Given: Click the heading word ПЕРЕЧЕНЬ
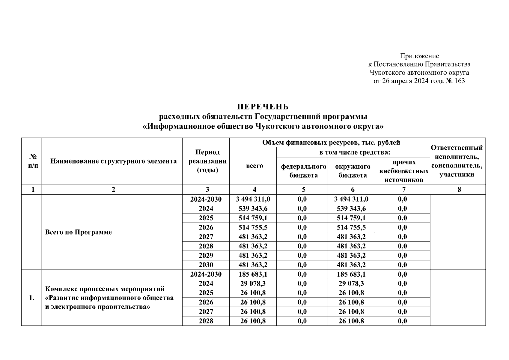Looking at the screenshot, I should (263, 107).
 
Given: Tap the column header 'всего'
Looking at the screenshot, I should (254, 166).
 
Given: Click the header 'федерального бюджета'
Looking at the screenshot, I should (303, 170).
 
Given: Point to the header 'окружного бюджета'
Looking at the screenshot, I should (353, 170).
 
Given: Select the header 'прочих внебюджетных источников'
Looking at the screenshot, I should (403, 170).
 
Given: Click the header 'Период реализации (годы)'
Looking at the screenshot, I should (207, 161).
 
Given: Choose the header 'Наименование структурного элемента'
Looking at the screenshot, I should (113, 161).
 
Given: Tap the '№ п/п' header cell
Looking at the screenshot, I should (33, 161).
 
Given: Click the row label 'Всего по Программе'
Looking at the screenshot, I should (78, 232).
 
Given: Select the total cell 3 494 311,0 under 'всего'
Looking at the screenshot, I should (254, 199).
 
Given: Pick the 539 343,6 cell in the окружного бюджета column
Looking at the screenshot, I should (351, 208).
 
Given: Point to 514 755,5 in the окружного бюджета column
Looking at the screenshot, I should (351, 227).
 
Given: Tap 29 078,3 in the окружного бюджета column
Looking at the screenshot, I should (351, 283).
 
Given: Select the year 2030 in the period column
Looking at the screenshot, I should (206, 265).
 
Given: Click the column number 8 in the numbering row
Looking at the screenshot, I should (459, 189).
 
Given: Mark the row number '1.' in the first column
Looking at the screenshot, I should (32, 298).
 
